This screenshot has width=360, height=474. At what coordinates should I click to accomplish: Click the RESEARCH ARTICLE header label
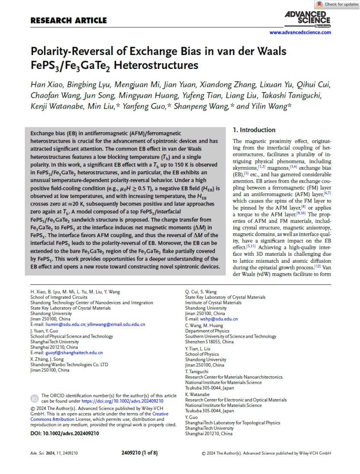(x=68, y=20)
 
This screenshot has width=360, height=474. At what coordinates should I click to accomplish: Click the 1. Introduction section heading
(x=254, y=130)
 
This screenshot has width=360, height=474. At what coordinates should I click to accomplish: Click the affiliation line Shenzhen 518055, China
(x=209, y=342)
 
